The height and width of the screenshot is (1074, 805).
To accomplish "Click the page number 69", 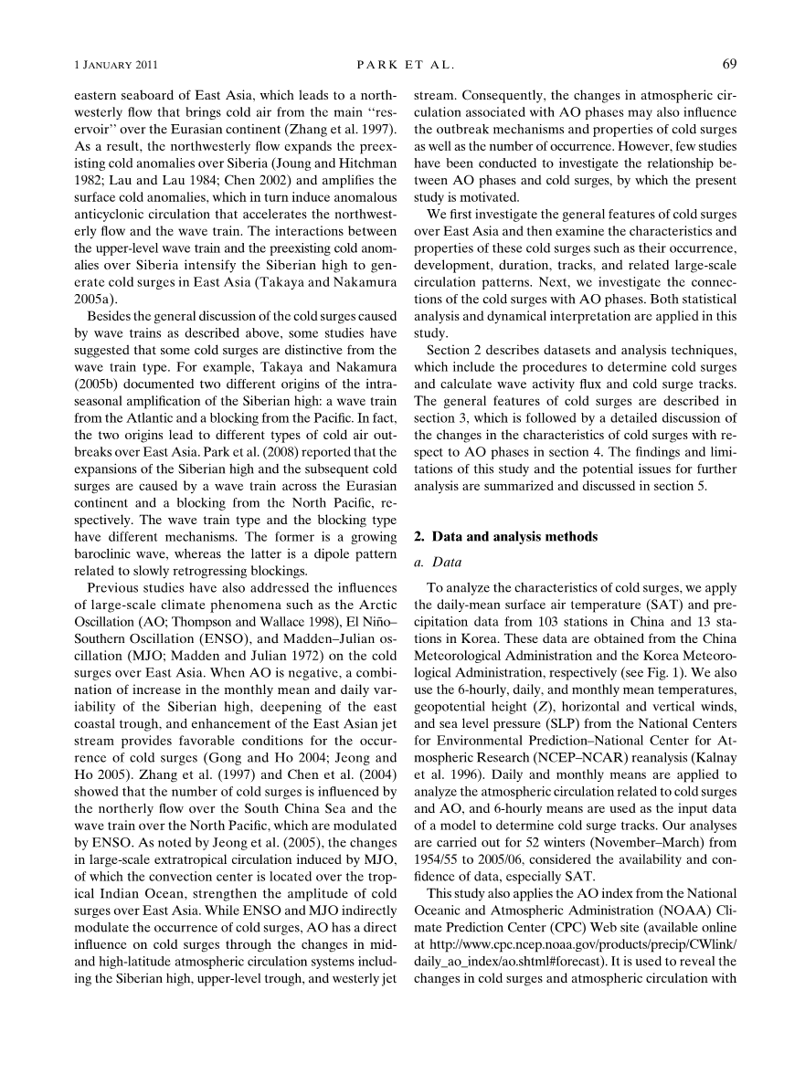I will [x=729, y=64].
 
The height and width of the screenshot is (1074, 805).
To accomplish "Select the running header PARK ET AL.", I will [x=403, y=65].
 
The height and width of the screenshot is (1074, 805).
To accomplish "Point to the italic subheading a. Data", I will [x=438, y=561].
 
